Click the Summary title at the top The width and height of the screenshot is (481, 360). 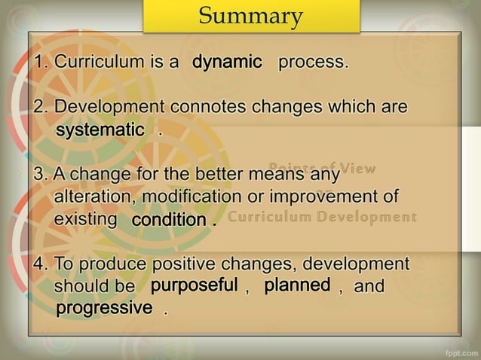251,16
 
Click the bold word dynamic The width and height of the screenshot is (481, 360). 226,62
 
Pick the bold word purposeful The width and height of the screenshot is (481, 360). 194,285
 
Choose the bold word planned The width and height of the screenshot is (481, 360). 296,285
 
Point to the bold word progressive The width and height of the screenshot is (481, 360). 104,308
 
